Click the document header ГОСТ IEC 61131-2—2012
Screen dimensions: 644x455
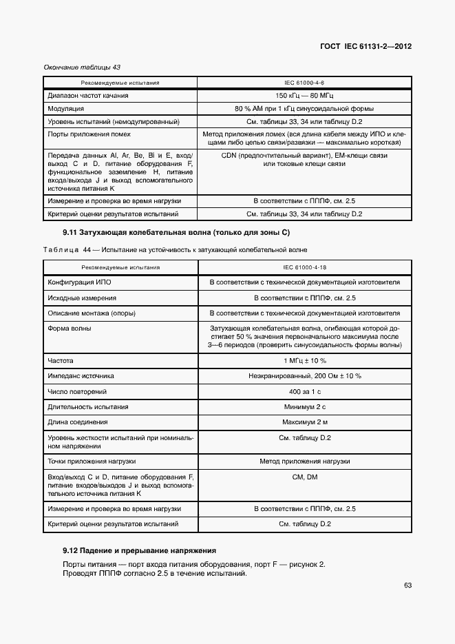(366, 47)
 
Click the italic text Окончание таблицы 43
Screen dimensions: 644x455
(82, 67)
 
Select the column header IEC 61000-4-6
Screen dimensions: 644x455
(304, 83)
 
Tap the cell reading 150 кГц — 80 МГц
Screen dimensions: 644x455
(304, 96)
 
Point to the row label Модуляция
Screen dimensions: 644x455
(66, 109)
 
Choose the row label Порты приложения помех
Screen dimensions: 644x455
(89, 134)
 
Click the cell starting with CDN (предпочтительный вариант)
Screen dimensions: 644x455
(304, 156)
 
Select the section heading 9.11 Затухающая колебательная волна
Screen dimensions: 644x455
(176, 233)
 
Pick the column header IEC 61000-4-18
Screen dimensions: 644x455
(304, 267)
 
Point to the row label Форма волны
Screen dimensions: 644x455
(70, 328)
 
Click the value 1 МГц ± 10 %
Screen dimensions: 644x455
(304, 360)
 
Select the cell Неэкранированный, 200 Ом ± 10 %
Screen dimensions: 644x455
(304, 376)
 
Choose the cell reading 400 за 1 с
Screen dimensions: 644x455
(304, 392)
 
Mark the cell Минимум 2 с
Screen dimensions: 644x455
(304, 407)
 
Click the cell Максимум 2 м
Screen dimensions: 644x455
(304, 422)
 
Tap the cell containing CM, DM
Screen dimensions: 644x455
(304, 477)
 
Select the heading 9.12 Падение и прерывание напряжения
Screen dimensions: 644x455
(140, 550)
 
